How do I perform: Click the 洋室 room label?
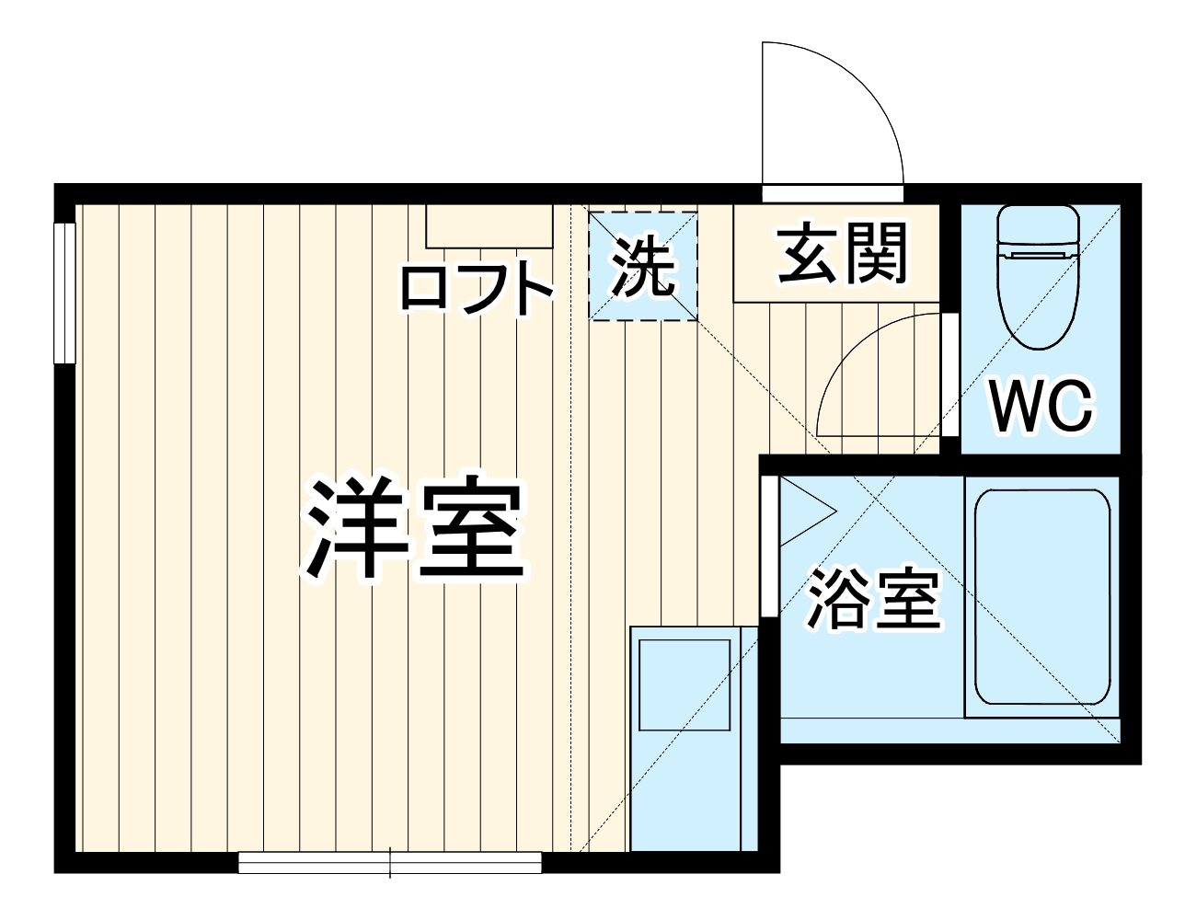tap(416, 528)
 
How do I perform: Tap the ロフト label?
tap(476, 288)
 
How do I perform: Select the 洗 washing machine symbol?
tap(643, 267)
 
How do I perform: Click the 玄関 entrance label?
tap(842, 254)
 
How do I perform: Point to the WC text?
tap(1041, 405)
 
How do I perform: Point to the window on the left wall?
tap(63, 293)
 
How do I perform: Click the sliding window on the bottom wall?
tap(390, 862)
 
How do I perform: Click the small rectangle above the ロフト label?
tap(489, 225)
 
